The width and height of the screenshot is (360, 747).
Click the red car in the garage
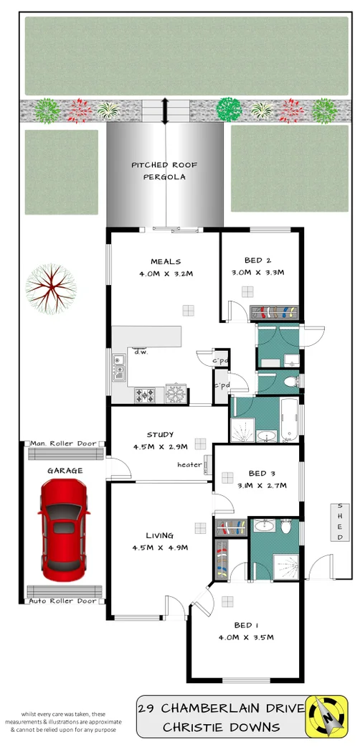pos(64,530)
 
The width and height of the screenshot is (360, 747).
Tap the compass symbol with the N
pos(326,716)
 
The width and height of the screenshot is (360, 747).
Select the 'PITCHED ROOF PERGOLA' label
pos(164,170)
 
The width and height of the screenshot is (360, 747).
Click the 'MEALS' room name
pos(166,261)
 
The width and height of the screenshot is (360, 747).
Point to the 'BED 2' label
pos(257,260)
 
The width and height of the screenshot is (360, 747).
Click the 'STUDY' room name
pos(160,435)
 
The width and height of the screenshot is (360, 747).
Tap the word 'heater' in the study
pos(190,465)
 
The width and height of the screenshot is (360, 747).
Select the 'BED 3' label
pos(262,474)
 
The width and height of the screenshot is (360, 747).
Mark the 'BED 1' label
pos(244,624)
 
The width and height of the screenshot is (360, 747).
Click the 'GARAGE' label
pos(65,471)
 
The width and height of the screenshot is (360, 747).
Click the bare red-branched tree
pos(50,290)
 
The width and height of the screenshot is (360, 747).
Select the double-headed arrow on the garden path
pos(166,111)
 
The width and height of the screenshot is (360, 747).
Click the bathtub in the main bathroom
pos(289,421)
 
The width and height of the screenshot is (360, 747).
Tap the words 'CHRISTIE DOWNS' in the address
pos(222,727)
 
